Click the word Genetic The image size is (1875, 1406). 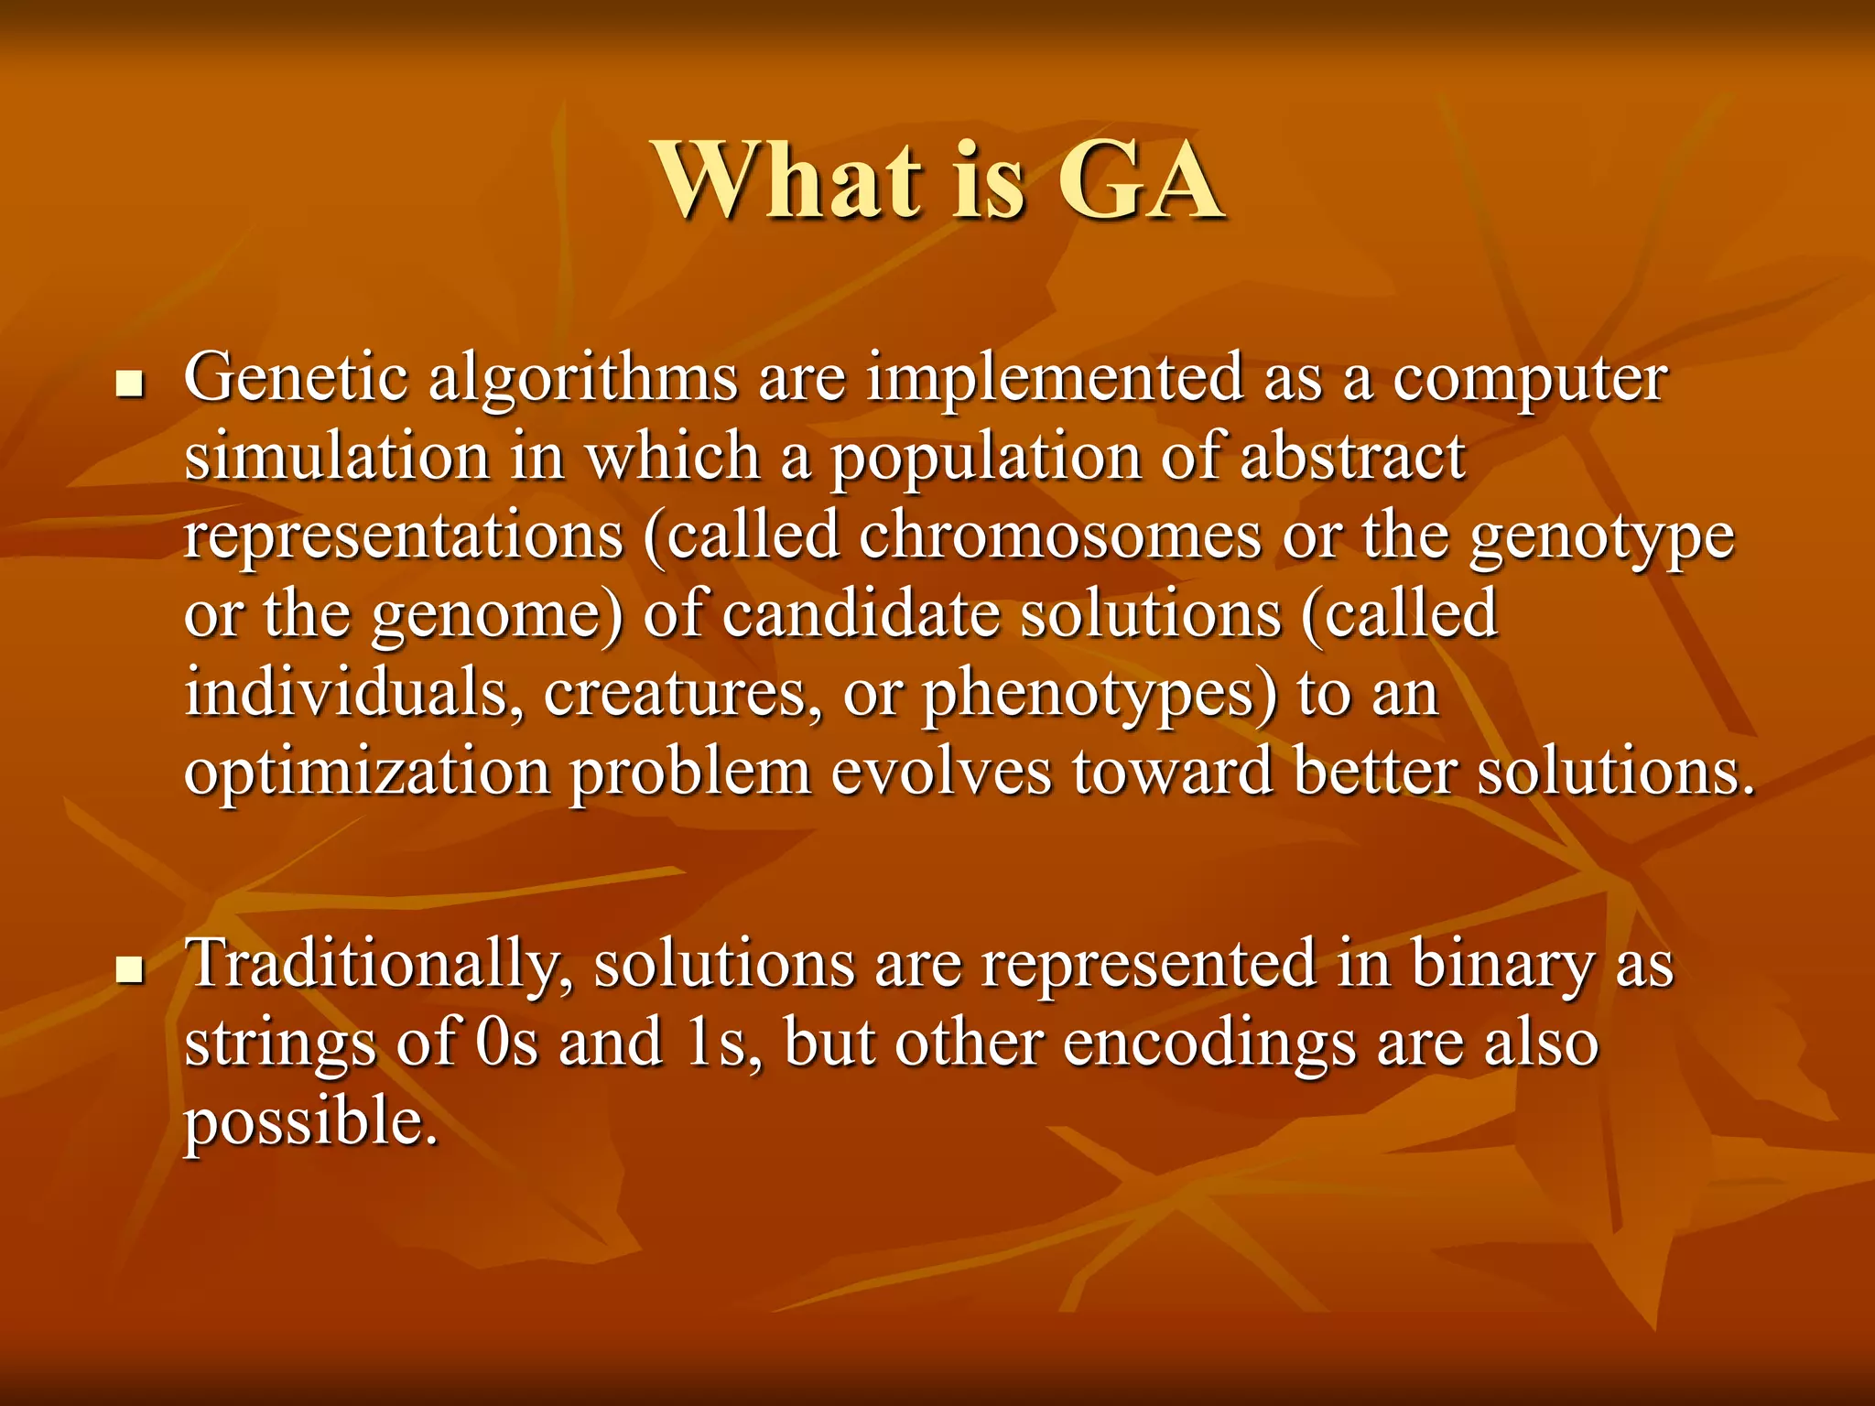[x=295, y=377]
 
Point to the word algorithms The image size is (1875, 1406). [x=583, y=379]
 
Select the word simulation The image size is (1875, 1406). [x=337, y=457]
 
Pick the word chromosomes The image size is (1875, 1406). [x=1059, y=535]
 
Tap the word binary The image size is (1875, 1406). [x=1502, y=965]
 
